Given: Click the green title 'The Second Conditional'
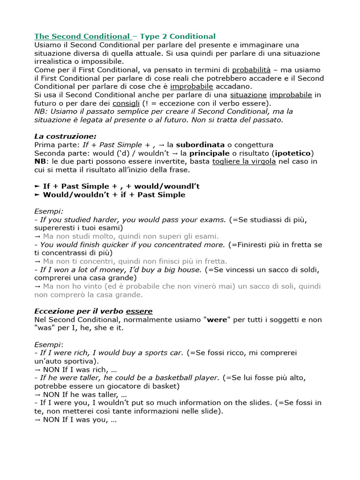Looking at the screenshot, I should tap(82, 36).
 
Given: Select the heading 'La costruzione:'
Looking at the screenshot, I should tap(65, 136).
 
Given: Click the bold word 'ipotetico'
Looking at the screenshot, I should tap(294, 153).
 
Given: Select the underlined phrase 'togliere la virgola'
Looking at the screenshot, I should tap(244, 161).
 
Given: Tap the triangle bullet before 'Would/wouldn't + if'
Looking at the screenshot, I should tap(37, 195).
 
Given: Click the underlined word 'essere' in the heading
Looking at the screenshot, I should tap(139, 311).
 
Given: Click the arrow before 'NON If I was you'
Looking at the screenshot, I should tap(37, 420).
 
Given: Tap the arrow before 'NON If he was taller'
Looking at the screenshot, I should tap(37, 395).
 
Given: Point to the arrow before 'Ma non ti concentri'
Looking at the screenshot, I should tap(37, 261).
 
